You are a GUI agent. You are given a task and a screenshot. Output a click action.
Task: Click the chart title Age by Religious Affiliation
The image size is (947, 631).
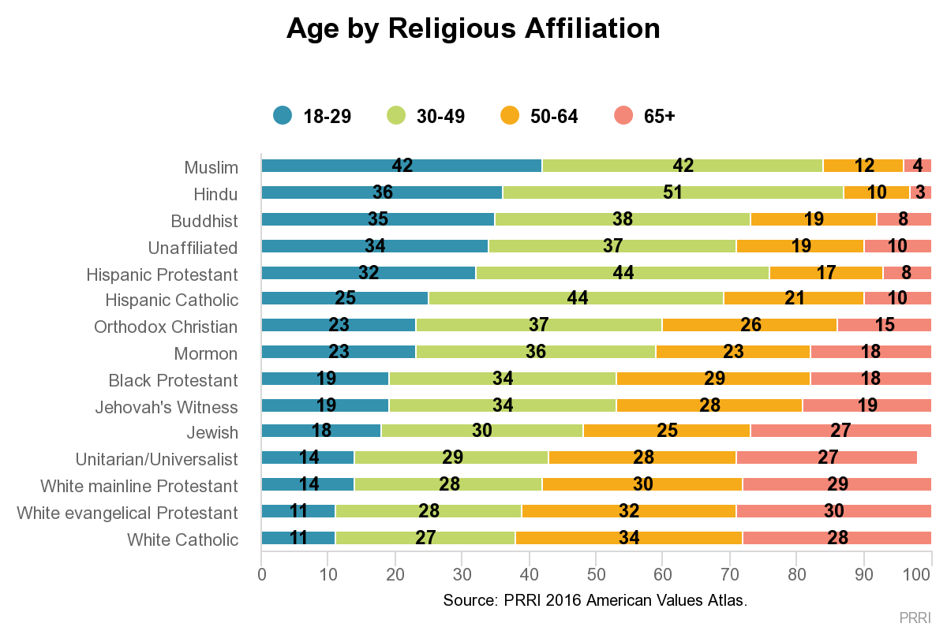coord(473,29)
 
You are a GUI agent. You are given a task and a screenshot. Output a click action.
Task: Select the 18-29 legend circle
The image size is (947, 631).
coord(283,116)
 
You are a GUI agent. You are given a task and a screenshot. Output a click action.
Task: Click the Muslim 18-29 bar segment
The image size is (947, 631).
coord(402,166)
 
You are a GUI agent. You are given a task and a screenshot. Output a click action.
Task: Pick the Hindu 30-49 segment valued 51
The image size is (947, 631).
coord(672,192)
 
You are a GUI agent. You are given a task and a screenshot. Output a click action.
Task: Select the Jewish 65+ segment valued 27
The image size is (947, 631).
coord(840,431)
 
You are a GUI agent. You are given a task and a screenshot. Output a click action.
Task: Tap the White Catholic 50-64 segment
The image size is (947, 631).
coord(628,539)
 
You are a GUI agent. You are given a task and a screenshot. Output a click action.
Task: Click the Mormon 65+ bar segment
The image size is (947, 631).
coord(870,351)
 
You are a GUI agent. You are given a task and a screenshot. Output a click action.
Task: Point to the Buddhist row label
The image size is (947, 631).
coord(204,221)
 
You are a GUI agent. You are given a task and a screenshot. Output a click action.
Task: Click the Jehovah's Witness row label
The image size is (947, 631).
coord(167,407)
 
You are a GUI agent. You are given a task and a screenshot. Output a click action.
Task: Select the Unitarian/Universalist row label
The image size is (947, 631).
coord(156,459)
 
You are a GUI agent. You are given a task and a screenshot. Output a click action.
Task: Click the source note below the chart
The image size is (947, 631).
coord(595,600)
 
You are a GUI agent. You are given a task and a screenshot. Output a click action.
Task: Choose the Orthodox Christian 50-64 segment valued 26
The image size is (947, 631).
coord(749,325)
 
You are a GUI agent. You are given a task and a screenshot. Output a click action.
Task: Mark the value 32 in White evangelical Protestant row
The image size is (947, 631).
coord(628,512)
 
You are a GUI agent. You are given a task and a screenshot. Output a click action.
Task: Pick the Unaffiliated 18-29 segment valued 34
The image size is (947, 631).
coord(375,246)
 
